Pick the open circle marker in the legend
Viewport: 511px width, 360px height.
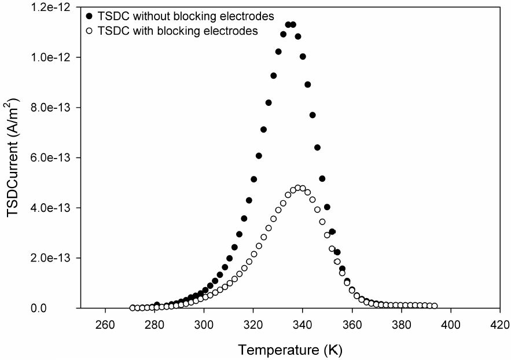pos(87,31)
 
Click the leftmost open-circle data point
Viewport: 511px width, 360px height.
pos(133,308)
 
